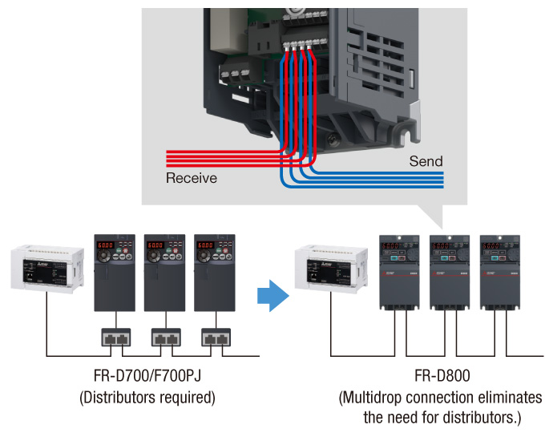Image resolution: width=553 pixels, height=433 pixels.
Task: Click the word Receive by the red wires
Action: click(191, 177)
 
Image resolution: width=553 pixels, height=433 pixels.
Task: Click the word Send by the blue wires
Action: click(426, 161)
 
